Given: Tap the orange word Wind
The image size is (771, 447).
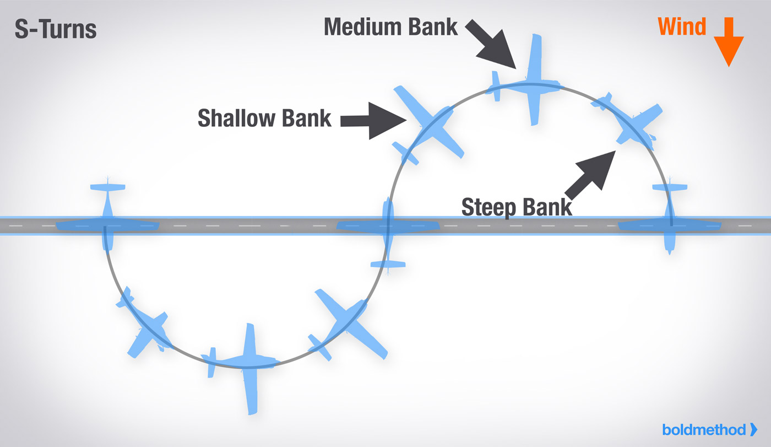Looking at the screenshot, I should pyautogui.click(x=682, y=26).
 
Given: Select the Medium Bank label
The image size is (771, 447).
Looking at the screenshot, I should pyautogui.click(x=390, y=26).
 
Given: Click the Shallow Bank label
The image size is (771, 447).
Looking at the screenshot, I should pyautogui.click(x=264, y=117).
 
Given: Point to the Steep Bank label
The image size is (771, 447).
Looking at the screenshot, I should pyautogui.click(x=517, y=207).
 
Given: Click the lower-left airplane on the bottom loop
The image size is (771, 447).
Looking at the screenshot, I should pyautogui.click(x=144, y=322).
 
